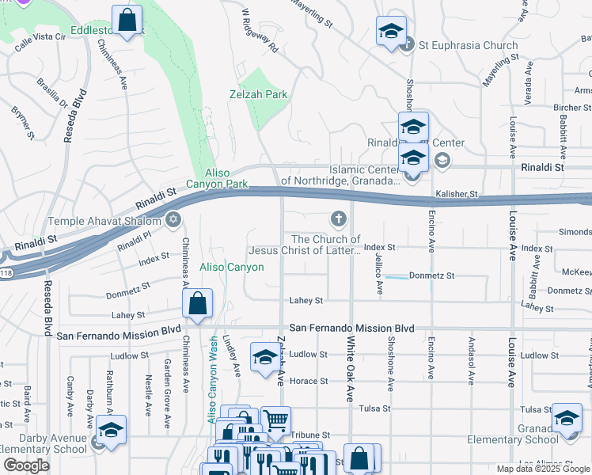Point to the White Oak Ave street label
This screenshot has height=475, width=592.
click(x=348, y=370)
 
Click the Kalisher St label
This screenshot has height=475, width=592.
click(x=457, y=194)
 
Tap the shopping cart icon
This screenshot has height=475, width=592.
click(x=275, y=420)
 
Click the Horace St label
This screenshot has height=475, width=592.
click(x=309, y=381)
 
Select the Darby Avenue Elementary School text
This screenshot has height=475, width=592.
click(x=43, y=443)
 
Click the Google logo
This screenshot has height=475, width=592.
click(x=26, y=465)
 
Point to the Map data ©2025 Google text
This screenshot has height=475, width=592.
click(x=544, y=469)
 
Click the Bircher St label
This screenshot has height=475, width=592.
click(x=567, y=108)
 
